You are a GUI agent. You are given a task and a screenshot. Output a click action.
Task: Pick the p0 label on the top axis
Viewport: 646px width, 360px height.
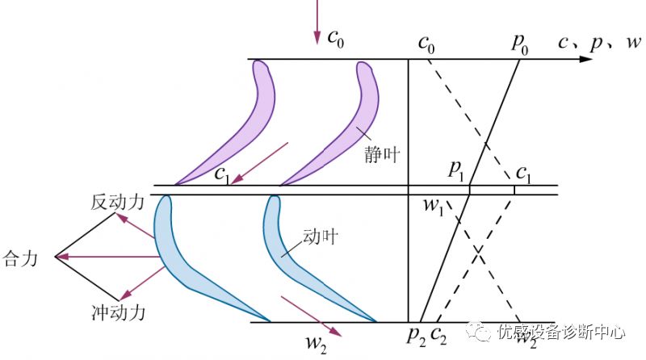(x=519, y=44)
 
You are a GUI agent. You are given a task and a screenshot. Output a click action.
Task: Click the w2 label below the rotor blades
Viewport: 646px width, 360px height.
(x=316, y=341)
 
